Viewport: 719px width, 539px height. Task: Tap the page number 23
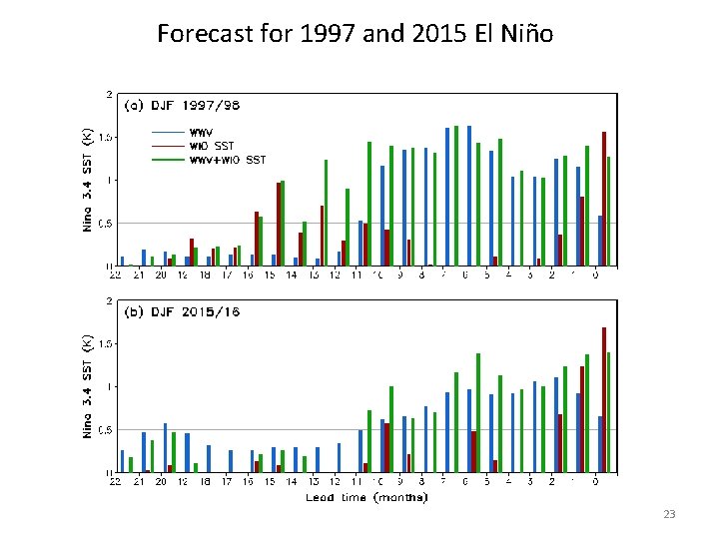[x=669, y=514]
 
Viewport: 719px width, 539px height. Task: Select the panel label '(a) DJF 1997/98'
[x=182, y=105]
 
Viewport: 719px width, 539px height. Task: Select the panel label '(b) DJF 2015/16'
[x=182, y=311]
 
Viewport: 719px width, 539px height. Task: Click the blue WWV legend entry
[x=205, y=132]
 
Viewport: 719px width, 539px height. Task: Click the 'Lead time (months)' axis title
[x=366, y=496]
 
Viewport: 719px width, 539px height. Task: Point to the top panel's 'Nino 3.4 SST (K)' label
[x=86, y=179]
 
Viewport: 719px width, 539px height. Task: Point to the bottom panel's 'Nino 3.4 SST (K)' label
[x=86, y=385]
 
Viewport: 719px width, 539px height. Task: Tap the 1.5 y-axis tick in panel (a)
[x=103, y=138]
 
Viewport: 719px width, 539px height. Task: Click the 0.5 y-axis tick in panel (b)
[x=103, y=430]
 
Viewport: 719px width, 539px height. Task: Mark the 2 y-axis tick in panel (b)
[x=108, y=300]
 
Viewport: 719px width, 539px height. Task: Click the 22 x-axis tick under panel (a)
[x=116, y=274]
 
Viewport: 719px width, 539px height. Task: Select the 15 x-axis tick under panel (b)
[x=270, y=481]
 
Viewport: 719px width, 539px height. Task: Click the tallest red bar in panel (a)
[x=604, y=199]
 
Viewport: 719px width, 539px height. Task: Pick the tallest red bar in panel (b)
[x=604, y=399]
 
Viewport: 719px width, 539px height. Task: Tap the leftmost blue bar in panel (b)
[x=123, y=461]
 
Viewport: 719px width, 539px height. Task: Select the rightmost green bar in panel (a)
[x=609, y=212]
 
